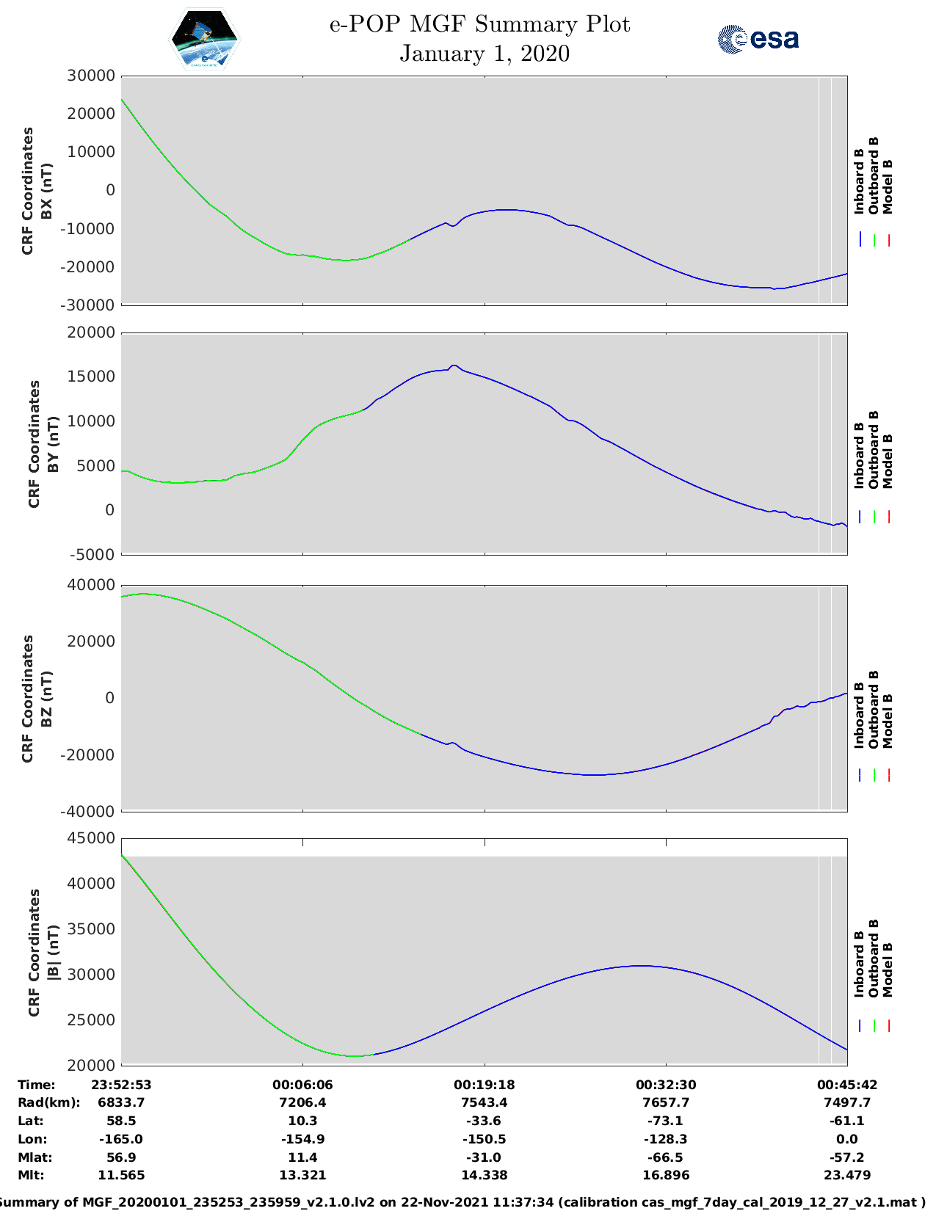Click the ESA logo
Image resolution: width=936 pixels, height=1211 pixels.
758,39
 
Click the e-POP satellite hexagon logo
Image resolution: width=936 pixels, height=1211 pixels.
204,39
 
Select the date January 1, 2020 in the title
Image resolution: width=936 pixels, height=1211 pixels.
484,54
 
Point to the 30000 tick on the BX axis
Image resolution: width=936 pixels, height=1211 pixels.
91,76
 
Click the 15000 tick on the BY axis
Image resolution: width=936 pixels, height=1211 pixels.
91,377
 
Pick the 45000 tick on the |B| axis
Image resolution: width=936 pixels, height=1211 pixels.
91,838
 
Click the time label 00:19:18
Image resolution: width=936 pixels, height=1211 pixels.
484,1085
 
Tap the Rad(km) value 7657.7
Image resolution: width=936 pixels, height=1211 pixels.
666,1102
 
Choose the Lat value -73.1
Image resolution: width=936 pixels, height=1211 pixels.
666,1121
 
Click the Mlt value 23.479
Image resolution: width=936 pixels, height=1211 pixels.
847,1175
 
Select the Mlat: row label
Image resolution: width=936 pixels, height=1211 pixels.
35,1157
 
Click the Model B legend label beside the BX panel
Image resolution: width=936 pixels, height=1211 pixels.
888,186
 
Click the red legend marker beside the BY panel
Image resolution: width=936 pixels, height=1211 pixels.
888,517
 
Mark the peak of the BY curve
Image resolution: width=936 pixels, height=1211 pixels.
454,365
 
